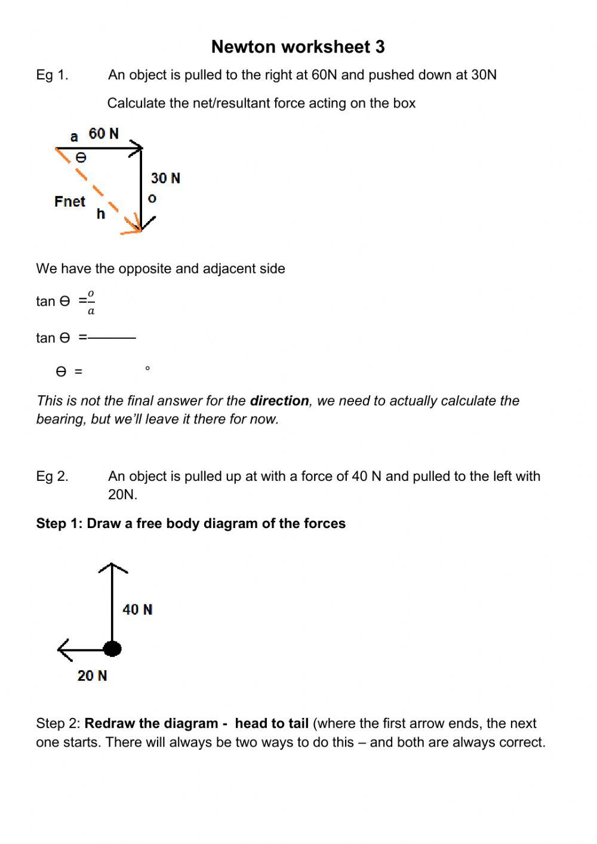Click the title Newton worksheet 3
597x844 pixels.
coord(298,47)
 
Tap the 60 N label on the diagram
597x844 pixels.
coord(104,134)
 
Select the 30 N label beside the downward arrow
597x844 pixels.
coord(165,178)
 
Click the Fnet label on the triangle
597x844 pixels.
coord(70,202)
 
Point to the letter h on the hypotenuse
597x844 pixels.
coord(100,214)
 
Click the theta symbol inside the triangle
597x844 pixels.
coord(81,158)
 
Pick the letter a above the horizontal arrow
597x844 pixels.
coord(74,137)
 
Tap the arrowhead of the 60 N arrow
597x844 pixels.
coord(139,148)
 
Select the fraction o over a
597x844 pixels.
coord(91,302)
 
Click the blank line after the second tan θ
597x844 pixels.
coord(112,338)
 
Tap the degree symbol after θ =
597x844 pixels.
coord(147,369)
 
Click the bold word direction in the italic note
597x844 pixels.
coord(279,401)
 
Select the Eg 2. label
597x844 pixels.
coord(52,477)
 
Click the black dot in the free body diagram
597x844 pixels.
coord(112,649)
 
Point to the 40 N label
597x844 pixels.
coord(137,609)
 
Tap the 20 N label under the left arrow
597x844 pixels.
coord(92,676)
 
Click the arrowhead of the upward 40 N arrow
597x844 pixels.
coord(112,567)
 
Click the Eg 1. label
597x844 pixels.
coord(52,75)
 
